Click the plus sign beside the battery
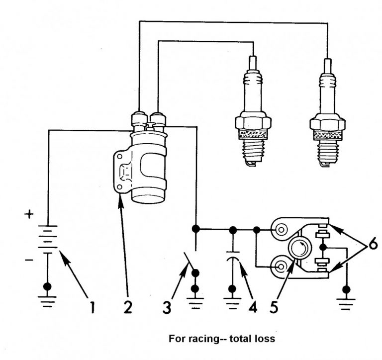(x=30, y=215)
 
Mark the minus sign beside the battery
(x=30, y=260)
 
